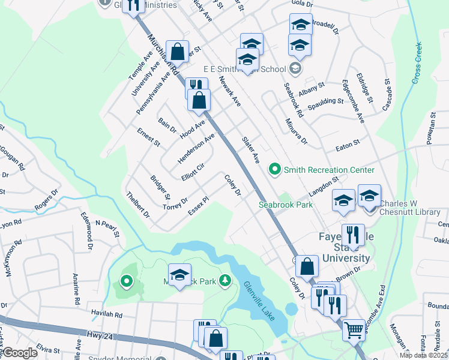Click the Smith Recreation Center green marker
click(276, 170)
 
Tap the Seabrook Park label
click(286, 205)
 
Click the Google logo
click(20, 353)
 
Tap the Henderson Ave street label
click(196, 148)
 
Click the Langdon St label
click(324, 185)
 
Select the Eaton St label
click(347, 143)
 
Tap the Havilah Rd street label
click(107, 314)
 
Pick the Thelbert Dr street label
click(137, 204)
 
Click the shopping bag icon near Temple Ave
click(178, 52)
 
